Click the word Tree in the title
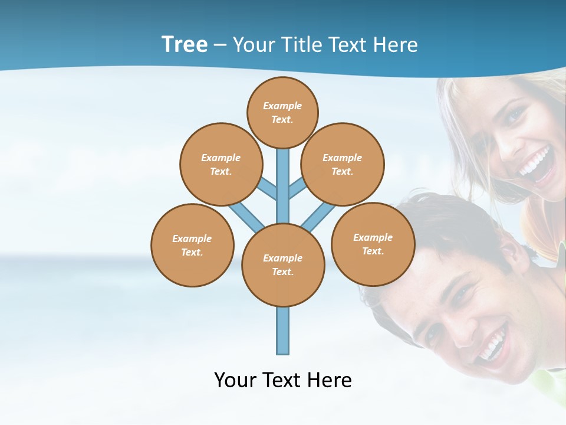coord(185,44)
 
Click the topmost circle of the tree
coord(282,112)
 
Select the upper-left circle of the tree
coord(221,164)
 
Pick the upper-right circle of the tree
coord(343,164)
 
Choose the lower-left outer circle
coord(192,245)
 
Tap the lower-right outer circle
coord(373,244)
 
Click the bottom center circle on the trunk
coord(283,265)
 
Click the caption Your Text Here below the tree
coord(283,380)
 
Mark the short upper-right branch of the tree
coord(297,187)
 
